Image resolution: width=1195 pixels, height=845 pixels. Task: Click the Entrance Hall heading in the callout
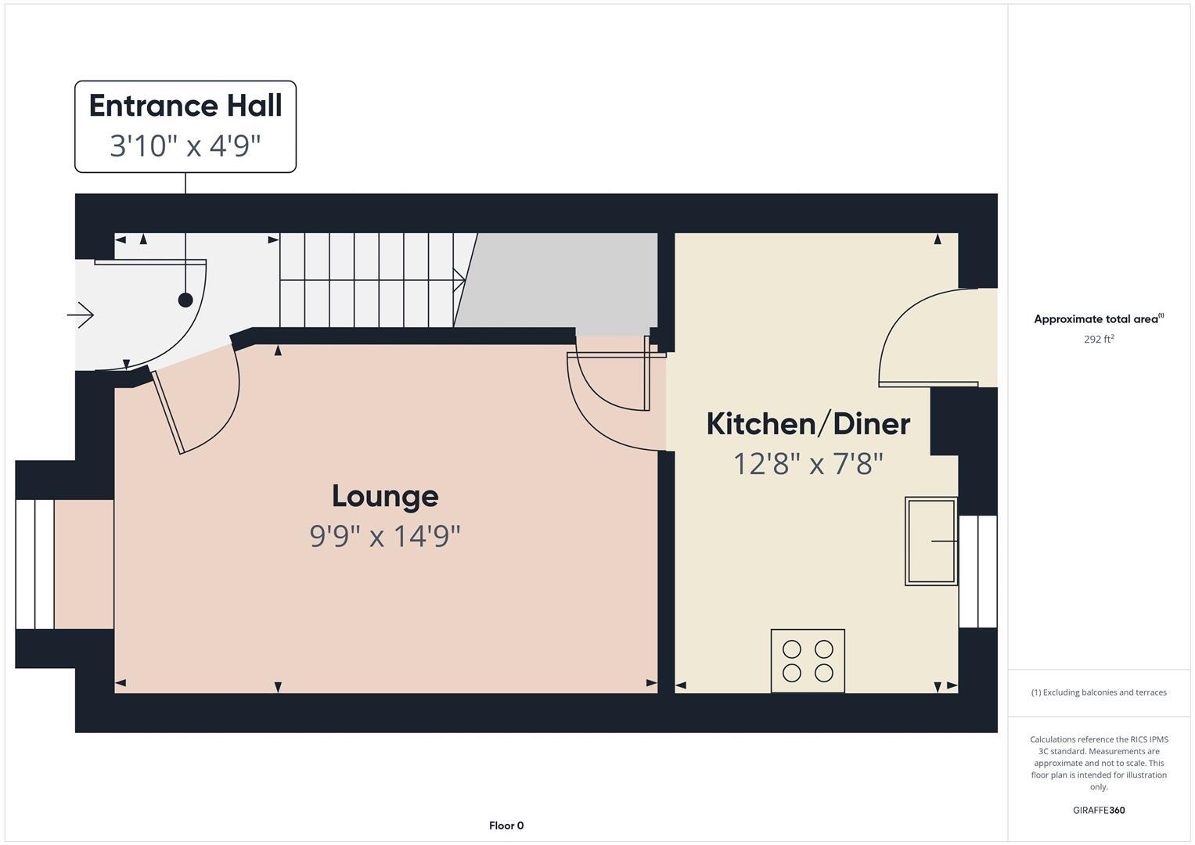coord(185,106)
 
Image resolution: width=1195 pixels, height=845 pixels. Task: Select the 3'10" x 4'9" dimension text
coord(185,146)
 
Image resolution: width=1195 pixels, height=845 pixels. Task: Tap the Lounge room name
coord(384,496)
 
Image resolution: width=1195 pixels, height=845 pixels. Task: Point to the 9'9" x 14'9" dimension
coord(384,536)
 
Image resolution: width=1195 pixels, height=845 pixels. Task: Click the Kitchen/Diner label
coord(808,424)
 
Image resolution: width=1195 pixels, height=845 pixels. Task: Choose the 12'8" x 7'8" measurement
coord(808,464)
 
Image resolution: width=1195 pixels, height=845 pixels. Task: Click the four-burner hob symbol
coord(808,661)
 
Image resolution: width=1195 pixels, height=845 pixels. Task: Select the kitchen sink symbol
coord(930,541)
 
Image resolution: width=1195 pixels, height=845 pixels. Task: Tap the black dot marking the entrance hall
coord(185,300)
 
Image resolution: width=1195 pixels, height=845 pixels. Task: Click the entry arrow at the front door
coord(81,315)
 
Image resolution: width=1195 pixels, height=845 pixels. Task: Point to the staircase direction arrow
coord(459,279)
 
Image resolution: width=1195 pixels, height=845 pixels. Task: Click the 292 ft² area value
coord(1099,340)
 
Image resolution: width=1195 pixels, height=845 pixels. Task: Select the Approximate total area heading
coord(1099,319)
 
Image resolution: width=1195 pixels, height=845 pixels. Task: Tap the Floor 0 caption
coord(506,825)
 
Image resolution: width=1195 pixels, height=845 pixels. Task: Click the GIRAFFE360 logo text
coord(1099,810)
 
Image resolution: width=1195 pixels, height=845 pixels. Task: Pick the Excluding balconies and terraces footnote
coord(1099,692)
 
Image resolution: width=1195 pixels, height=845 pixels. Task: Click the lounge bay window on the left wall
coord(35,564)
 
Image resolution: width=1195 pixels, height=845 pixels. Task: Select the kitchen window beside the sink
coord(978,571)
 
